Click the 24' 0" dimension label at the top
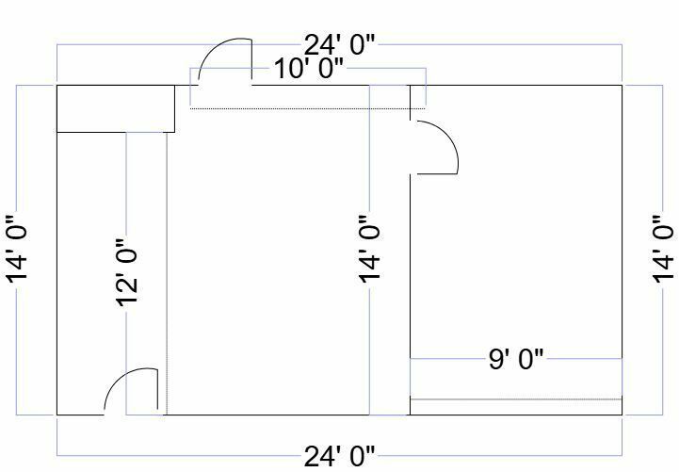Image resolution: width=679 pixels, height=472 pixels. point(339,44)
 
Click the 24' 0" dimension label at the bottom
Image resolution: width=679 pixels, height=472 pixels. point(339,456)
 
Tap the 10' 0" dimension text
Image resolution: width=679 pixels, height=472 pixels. point(309,69)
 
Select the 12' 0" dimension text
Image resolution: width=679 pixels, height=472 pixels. point(127,273)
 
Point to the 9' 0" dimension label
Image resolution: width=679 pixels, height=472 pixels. point(516,359)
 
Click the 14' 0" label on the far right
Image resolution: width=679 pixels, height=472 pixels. point(663,250)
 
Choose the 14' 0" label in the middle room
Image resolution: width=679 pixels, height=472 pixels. point(369,250)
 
